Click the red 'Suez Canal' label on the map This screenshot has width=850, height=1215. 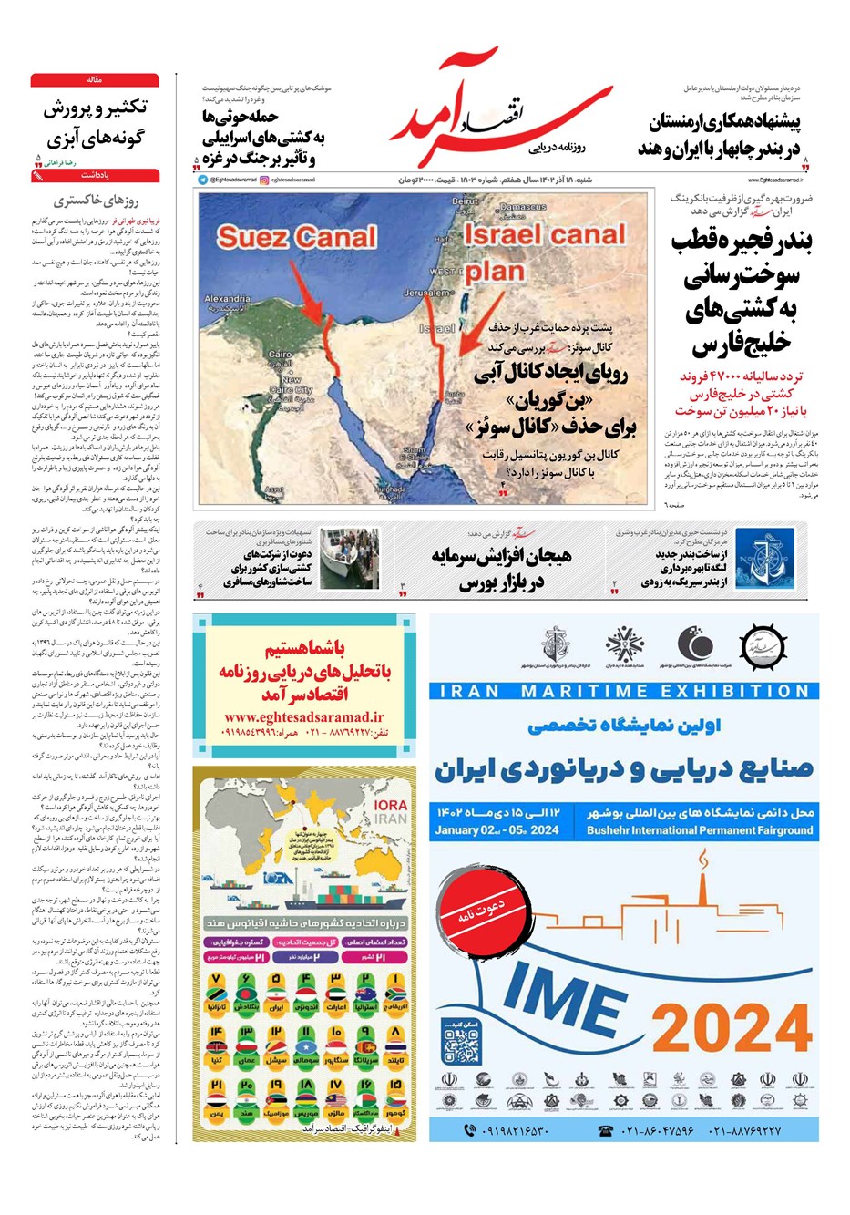pyautogui.click(x=296, y=238)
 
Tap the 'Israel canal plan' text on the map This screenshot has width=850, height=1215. pyautogui.click(x=544, y=251)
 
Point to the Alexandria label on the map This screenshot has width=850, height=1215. pyautogui.click(x=227, y=299)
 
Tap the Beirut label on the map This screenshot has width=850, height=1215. pyautogui.click(x=465, y=201)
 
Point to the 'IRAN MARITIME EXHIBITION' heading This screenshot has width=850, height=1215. pyautogui.click(x=624, y=691)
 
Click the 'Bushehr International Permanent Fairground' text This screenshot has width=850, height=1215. pyautogui.click(x=700, y=830)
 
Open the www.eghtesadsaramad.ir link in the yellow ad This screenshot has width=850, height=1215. pyautogui.click(x=304, y=717)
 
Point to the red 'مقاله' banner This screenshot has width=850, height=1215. pyautogui.click(x=95, y=80)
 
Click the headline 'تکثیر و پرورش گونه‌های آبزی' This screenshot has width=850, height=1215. pyautogui.click(x=95, y=123)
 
